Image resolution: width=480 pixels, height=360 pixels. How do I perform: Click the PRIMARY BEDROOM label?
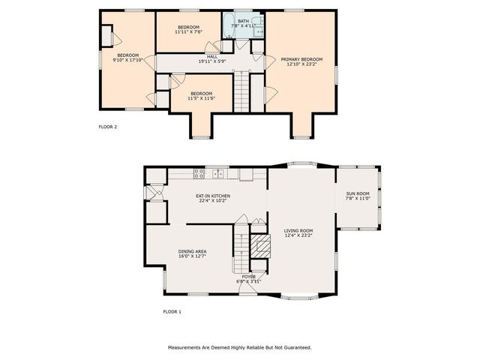pyautogui.click(x=301, y=59)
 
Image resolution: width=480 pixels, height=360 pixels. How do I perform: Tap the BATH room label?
pyautogui.click(x=244, y=21)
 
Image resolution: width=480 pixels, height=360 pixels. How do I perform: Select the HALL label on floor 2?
pyautogui.click(x=212, y=56)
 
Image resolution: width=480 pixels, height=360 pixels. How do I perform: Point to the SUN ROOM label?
pyautogui.click(x=357, y=194)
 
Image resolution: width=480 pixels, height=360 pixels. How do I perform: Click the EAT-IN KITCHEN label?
pyautogui.click(x=214, y=196)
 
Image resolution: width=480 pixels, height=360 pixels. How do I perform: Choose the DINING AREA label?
pyautogui.click(x=192, y=251)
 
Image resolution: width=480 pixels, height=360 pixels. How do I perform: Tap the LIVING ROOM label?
pyautogui.click(x=298, y=231)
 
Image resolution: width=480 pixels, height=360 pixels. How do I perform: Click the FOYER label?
pyautogui.click(x=248, y=277)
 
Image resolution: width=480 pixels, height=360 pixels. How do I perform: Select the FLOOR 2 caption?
pyautogui.click(x=108, y=127)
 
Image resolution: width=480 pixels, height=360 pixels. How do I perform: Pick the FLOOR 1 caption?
pyautogui.click(x=172, y=311)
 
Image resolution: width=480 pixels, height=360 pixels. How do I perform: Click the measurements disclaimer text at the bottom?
pyautogui.click(x=239, y=347)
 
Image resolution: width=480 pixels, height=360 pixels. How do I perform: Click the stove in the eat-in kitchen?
pyautogui.click(x=199, y=174)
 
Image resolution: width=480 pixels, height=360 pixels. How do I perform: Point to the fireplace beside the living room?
pyautogui.click(x=259, y=246)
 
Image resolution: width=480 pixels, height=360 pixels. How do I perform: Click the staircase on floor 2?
pyautogui.click(x=241, y=91)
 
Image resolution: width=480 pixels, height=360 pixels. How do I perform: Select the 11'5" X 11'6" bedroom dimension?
pyautogui.click(x=201, y=98)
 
